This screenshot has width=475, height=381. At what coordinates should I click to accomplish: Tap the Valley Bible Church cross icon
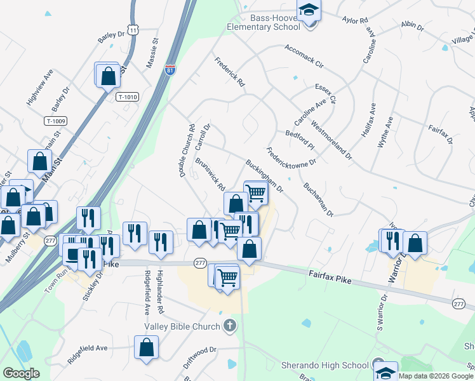(230, 326)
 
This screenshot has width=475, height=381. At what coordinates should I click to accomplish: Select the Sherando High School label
(325, 365)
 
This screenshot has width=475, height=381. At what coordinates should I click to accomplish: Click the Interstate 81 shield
(170, 70)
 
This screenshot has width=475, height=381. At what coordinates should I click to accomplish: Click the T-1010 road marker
(128, 97)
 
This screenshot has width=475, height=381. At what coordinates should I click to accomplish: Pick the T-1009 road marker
(56, 121)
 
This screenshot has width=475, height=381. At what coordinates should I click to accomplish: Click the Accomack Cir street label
(304, 56)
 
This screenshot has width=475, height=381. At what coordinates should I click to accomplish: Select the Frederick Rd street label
(229, 72)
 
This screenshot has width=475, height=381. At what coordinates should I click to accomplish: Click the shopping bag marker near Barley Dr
(109, 76)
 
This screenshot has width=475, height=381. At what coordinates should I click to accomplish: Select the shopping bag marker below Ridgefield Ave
(147, 348)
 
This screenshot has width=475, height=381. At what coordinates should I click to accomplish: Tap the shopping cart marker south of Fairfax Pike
(227, 277)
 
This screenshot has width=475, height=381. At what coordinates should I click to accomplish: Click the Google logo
(22, 374)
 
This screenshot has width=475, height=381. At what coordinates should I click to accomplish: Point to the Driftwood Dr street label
(200, 349)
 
